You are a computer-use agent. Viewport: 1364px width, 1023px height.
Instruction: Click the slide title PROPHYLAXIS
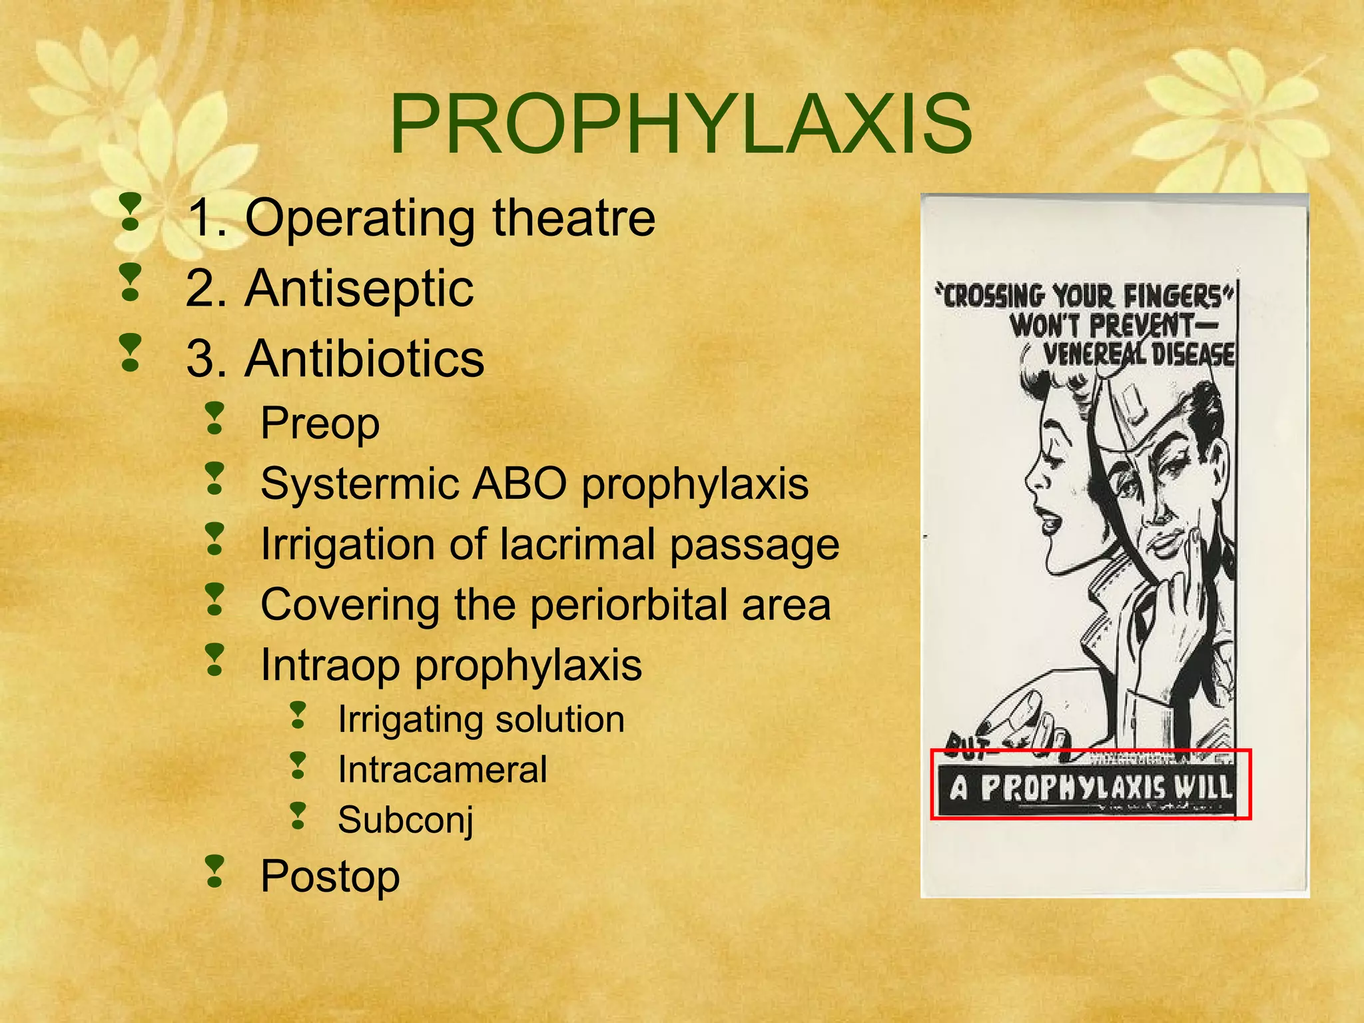[681, 125]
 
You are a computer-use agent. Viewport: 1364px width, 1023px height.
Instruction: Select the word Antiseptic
[360, 288]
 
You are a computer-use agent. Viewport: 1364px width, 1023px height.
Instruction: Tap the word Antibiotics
[365, 359]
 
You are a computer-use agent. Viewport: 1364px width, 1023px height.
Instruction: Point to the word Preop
[320, 423]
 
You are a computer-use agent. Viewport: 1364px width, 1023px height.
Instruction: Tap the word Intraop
[330, 665]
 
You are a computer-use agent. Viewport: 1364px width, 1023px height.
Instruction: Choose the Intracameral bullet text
[442, 770]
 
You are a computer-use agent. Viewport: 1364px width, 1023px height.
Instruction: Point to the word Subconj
[406, 820]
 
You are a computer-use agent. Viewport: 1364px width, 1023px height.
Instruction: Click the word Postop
[330, 876]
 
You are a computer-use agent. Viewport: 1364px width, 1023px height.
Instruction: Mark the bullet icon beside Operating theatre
[131, 213]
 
